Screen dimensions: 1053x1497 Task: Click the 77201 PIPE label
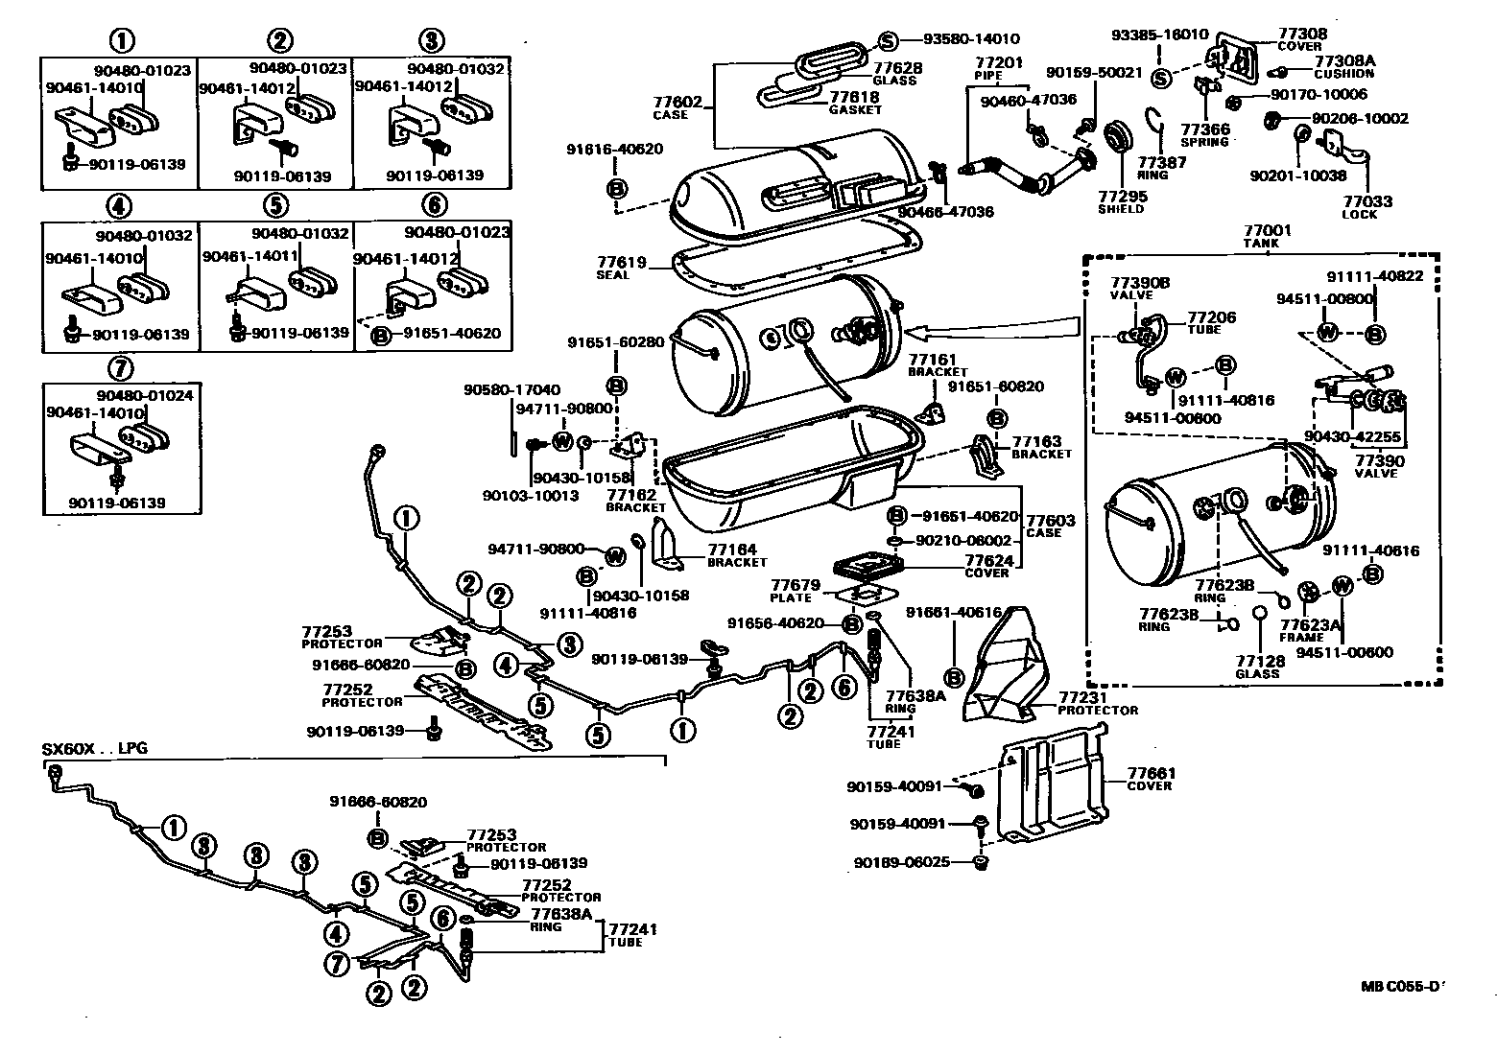999,68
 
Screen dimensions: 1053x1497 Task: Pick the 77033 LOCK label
1366,207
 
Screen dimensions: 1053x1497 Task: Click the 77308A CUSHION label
1343,66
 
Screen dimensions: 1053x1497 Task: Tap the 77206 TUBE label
1211,323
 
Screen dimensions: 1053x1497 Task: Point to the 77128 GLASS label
1258,667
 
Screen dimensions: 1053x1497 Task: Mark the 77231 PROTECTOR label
1098,703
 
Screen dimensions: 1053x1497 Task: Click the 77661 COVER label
1151,779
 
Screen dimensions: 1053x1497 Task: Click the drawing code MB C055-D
1402,986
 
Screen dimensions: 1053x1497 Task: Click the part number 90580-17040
511,390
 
